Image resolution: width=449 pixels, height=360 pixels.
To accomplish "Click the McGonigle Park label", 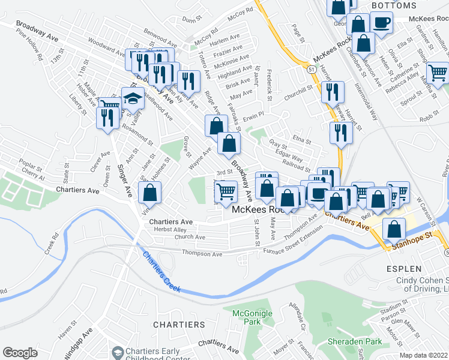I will coord(252,317).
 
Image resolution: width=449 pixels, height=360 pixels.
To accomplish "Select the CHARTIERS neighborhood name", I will coord(179,325).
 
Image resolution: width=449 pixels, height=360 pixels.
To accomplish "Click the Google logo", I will coord(20,353).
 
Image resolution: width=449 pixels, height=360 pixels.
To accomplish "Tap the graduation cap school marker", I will coord(133,98).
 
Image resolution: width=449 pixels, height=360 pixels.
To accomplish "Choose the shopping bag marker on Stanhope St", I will coord(393,229).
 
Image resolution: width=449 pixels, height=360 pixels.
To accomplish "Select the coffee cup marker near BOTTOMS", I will coord(381,23).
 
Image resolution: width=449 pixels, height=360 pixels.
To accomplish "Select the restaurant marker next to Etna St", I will coord(340,133).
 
